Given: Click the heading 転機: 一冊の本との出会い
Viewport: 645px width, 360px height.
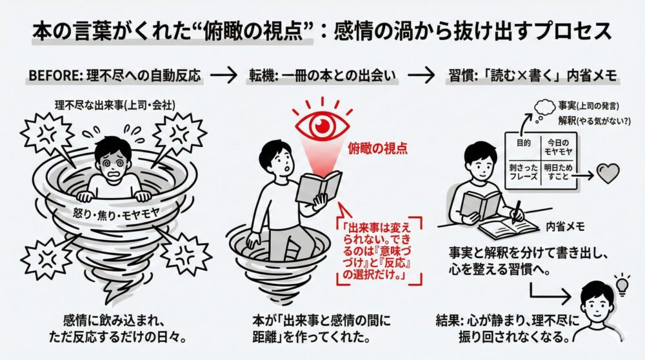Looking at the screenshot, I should [322, 74].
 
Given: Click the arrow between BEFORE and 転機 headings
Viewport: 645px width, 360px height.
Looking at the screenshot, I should [224, 74].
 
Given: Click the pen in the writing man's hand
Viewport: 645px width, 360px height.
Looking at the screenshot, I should [517, 212].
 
